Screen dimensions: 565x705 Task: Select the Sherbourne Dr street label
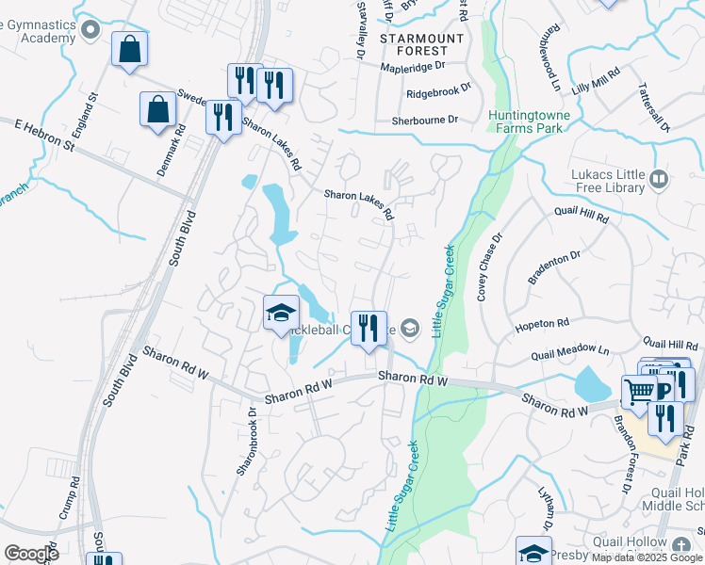[426, 121]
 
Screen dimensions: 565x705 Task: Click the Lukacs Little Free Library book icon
[660, 178]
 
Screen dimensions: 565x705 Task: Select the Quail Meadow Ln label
[570, 353]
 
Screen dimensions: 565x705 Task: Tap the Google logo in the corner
[31, 554]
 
